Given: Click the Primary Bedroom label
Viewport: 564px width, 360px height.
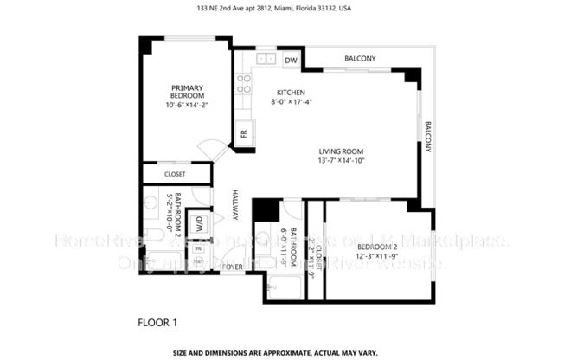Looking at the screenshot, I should click(187, 91).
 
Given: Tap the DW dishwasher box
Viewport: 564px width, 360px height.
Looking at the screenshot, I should click(291, 60).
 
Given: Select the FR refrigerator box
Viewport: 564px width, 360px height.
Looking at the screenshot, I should click(243, 134).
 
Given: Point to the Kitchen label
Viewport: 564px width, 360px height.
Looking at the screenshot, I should click(291, 93).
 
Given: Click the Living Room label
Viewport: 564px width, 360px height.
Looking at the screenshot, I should click(340, 151).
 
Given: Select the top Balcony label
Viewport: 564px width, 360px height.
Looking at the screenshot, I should click(360, 59).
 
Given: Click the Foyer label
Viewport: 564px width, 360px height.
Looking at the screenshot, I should click(232, 267).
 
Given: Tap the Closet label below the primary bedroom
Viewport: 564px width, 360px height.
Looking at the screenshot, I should click(175, 175).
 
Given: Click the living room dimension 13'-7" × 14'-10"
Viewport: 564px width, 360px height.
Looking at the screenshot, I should click(340, 160).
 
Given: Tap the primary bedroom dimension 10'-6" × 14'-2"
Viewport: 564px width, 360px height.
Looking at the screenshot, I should click(188, 105).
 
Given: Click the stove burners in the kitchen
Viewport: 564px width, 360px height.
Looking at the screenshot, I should click(245, 83).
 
